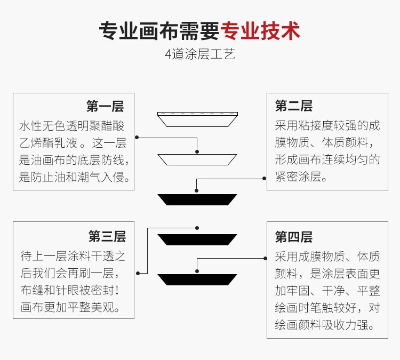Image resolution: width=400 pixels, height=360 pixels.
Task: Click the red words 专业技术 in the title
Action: pyautogui.click(x=260, y=31)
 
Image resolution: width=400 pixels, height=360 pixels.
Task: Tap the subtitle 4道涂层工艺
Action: pyautogui.click(x=200, y=55)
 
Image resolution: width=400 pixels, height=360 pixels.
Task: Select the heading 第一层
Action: pyautogui.click(x=105, y=106)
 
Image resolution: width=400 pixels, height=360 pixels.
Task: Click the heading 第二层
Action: pyautogui.click(x=293, y=106)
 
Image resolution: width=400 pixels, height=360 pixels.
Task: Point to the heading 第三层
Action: pyautogui.click(x=107, y=236)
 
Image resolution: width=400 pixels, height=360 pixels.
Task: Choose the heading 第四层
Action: pyautogui.click(x=293, y=236)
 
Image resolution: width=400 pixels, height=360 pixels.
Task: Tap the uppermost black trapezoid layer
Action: pyautogui.click(x=197, y=199)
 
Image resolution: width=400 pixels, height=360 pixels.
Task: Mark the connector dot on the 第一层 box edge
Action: pyautogui.click(x=137, y=138)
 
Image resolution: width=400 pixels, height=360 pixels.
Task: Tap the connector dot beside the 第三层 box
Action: pyautogui.click(x=138, y=273)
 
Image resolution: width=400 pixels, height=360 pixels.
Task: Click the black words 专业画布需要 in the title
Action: pyautogui.click(x=159, y=31)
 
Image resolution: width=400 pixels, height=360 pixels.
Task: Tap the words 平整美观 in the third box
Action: pyautogui.click(x=97, y=307)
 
